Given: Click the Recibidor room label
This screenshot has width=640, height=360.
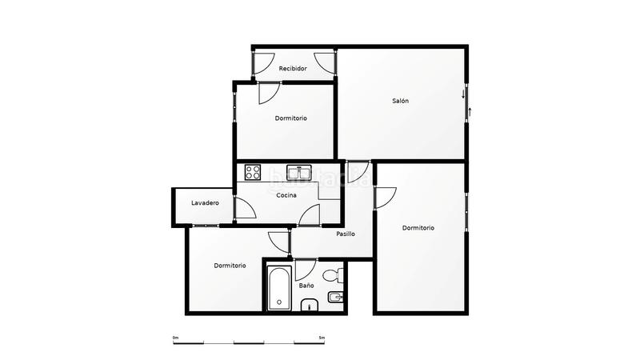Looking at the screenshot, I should point(293,69).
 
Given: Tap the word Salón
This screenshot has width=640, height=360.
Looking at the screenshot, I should point(400,101).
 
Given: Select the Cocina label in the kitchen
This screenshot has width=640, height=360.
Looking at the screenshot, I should point(286,195).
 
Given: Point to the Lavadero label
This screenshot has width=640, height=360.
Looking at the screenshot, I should point(205,202).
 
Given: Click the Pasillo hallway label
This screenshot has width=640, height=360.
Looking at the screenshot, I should point(346,234).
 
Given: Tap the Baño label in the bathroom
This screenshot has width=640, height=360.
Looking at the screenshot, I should point(306,285).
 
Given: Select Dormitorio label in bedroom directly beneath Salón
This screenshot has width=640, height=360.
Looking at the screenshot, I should point(418,228).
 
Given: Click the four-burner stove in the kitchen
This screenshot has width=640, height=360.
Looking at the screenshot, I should point(254,170).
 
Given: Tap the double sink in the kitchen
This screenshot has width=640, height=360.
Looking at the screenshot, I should point(299,170).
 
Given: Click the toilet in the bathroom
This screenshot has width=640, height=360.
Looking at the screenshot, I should point(339,277).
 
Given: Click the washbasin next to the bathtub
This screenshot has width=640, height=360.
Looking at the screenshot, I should point(308,306).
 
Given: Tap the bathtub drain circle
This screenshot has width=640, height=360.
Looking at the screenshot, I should point(278,302).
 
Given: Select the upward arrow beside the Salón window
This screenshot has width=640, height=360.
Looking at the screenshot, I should point(470,110).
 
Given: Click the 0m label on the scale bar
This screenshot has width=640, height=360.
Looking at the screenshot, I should point(175,338).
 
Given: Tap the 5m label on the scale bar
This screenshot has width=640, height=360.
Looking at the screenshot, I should point(321,338).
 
